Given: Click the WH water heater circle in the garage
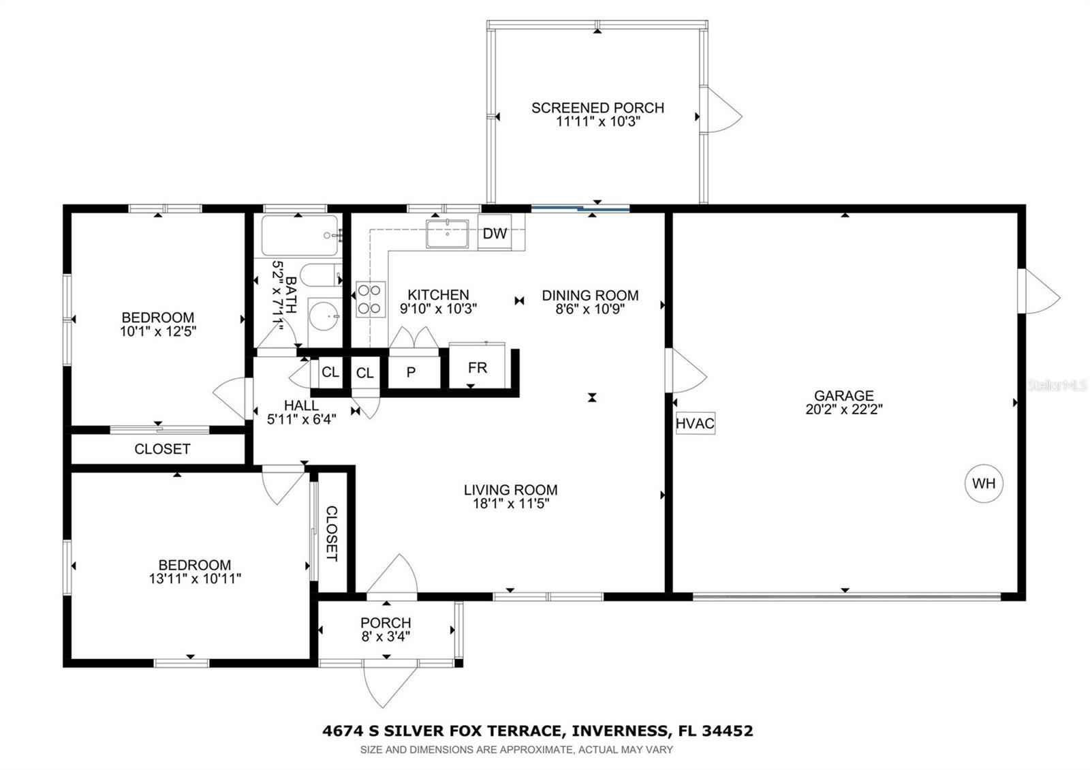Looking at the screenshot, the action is [984, 483].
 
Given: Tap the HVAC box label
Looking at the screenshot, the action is [695, 423].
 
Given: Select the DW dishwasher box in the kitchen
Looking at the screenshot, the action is [495, 233].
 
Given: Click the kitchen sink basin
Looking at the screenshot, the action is [447, 234].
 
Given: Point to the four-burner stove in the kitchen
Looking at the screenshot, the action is [371, 299].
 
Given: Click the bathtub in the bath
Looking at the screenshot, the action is [300, 236].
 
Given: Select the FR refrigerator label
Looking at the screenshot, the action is [478, 368].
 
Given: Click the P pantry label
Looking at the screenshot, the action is [411, 372].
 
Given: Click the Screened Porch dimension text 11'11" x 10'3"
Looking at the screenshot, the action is [597, 122].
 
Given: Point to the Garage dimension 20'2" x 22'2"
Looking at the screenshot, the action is [844, 410].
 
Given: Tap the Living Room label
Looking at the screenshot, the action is [510, 490].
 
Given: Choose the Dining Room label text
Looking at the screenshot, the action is [590, 295].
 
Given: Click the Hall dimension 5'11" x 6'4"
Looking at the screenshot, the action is [302, 419].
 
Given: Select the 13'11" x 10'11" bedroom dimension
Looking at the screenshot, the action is [195, 579].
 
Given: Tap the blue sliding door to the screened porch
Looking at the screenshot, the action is [580, 209].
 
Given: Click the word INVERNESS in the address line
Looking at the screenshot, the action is [619, 730].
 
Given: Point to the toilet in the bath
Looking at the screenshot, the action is [321, 275].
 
